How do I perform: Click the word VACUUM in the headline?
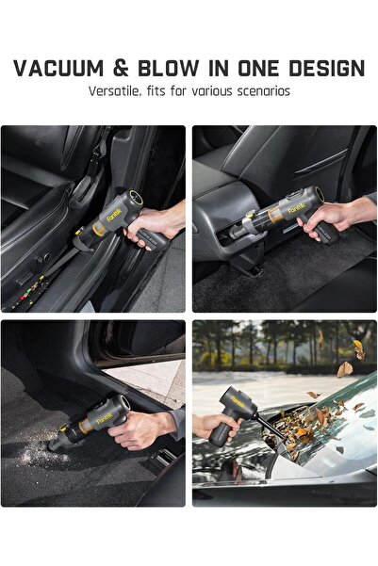58,69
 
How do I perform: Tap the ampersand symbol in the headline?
121,69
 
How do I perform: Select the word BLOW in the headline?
169,69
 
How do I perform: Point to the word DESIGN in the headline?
327,69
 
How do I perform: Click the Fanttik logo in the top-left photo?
114,214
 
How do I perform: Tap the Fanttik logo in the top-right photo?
296,208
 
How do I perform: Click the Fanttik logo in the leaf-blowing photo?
238,402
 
